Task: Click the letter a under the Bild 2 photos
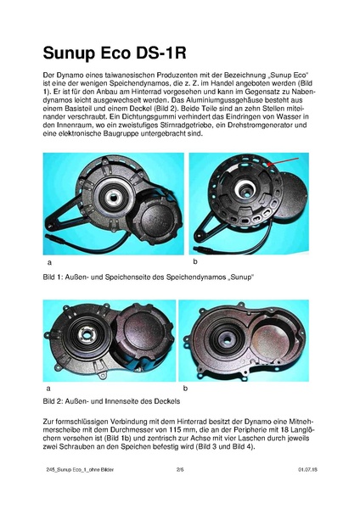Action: click(45, 386)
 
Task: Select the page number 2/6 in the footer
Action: click(180, 491)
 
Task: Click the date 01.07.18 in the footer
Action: click(307, 491)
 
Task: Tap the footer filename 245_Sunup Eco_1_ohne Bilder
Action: click(77, 491)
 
